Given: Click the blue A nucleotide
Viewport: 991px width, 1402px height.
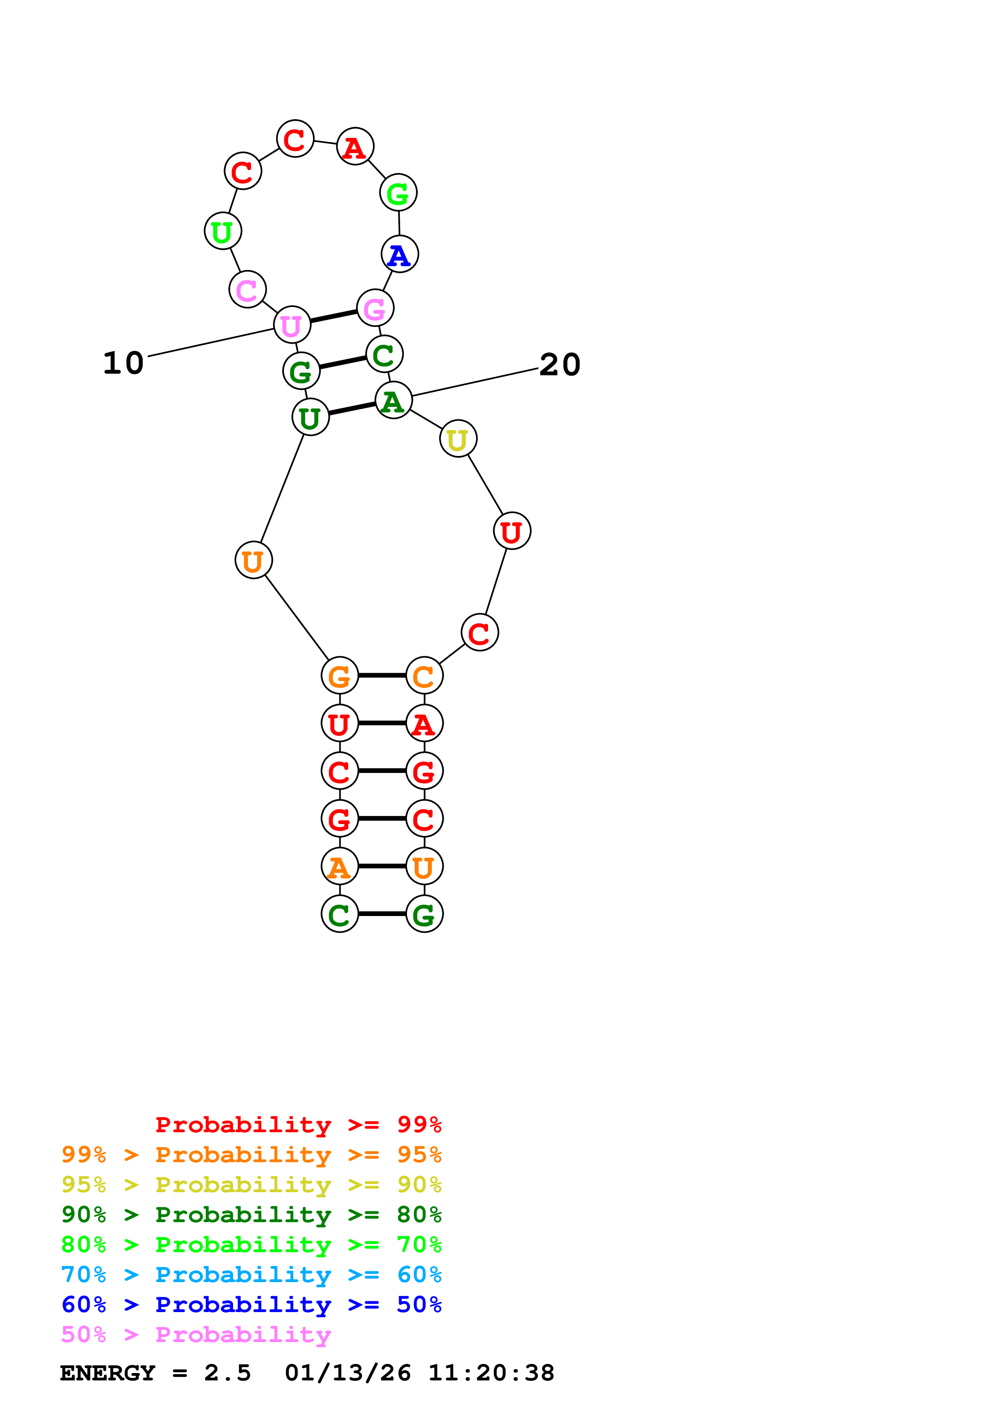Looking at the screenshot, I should point(399,254).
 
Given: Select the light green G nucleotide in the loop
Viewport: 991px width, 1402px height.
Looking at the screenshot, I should point(398,193).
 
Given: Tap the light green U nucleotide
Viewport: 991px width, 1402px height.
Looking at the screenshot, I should point(222,231).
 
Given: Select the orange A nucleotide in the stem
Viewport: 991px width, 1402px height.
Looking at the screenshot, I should point(339,866).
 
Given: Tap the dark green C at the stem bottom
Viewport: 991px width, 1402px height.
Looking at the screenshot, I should point(339,914).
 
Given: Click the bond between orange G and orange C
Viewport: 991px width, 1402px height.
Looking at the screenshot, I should point(382,675).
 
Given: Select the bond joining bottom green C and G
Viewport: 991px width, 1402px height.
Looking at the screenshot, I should point(382,914).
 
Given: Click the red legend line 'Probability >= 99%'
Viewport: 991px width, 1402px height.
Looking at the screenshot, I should point(298,1125).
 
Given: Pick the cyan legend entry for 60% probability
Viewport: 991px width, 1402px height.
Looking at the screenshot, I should point(251,1275).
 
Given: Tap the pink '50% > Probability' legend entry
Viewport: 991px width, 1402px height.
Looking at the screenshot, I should point(195,1335).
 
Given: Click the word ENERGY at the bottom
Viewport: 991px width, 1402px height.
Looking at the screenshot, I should point(108,1373).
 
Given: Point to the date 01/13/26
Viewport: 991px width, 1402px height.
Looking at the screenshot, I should point(347,1373).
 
